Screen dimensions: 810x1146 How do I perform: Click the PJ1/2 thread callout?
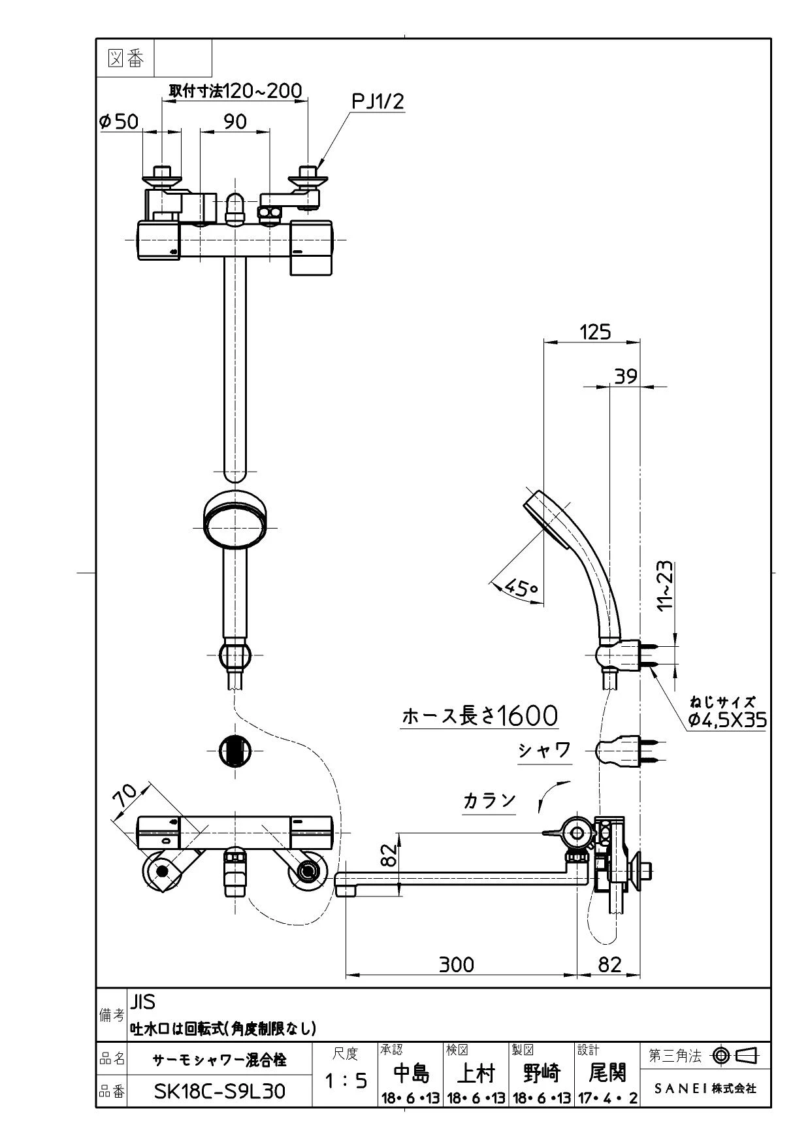click(378, 101)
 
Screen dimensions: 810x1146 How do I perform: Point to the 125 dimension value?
click(595, 332)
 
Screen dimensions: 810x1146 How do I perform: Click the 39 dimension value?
click(626, 376)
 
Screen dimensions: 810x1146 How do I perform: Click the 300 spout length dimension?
click(456, 964)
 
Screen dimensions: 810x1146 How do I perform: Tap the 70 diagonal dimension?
click(125, 799)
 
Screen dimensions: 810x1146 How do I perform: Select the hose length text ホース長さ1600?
click(480, 716)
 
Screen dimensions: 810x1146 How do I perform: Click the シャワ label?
click(545, 750)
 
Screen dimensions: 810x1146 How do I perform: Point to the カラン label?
click(489, 801)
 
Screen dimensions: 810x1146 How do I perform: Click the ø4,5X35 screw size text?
click(727, 720)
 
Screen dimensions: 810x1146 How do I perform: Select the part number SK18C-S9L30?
click(219, 1091)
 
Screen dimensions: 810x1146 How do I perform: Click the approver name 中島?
click(411, 1073)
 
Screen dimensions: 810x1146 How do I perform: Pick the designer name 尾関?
click(607, 1073)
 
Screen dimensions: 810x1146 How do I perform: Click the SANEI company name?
click(705, 1089)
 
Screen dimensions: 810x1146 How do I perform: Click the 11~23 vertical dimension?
click(664, 585)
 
